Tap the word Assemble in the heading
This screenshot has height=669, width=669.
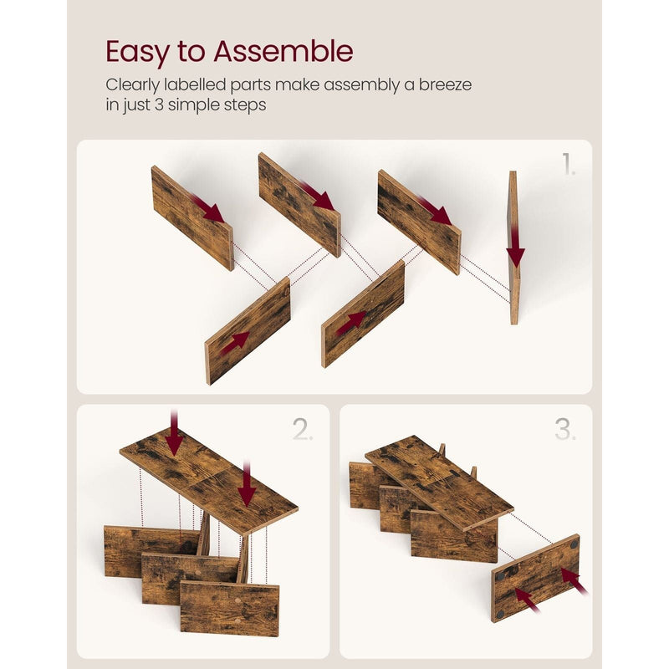coord(283,51)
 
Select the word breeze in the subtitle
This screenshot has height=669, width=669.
coord(445,84)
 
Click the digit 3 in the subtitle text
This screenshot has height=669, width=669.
coord(159,105)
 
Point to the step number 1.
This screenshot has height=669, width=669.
coord(569,164)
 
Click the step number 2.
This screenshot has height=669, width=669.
coord(303,429)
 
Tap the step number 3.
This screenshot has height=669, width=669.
coord(565,429)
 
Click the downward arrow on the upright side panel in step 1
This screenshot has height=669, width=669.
coord(516,248)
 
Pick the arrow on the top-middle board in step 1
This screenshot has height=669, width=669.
coord(317,195)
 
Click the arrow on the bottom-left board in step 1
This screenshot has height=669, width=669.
coord(235,344)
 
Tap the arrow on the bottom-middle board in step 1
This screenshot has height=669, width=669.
coord(351,323)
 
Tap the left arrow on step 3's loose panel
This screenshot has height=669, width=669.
coord(528,600)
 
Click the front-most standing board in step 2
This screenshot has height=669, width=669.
coord(229,608)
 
